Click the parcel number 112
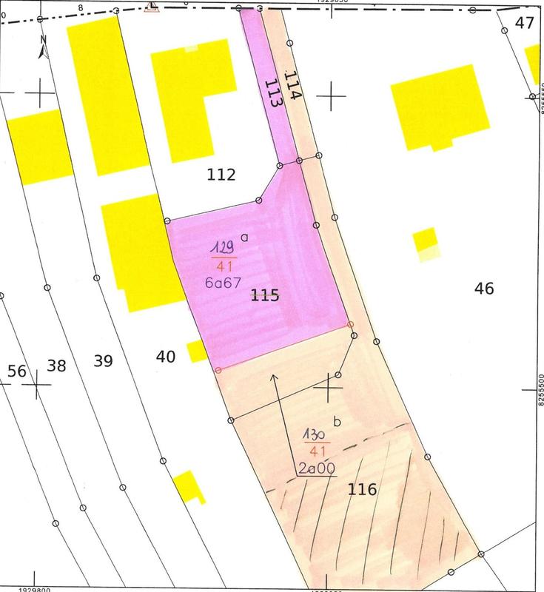point(221,175)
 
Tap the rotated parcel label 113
point(272,94)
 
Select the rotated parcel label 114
point(293,85)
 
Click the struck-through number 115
point(265,296)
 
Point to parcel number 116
point(362,489)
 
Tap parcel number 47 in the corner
point(524,22)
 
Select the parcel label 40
point(166,357)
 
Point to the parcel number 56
point(16,370)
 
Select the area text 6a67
point(222,282)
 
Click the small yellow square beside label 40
point(196,350)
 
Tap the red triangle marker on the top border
point(152,7)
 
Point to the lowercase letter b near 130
point(338,423)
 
